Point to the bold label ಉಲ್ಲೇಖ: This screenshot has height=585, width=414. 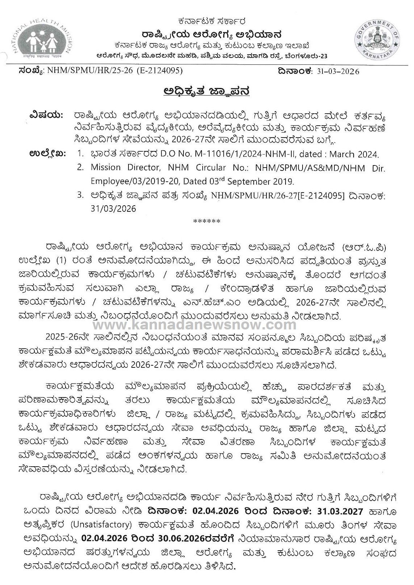tap(47, 154)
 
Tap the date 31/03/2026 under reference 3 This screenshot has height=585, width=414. tap(113, 209)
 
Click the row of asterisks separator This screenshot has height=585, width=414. tap(207, 222)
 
